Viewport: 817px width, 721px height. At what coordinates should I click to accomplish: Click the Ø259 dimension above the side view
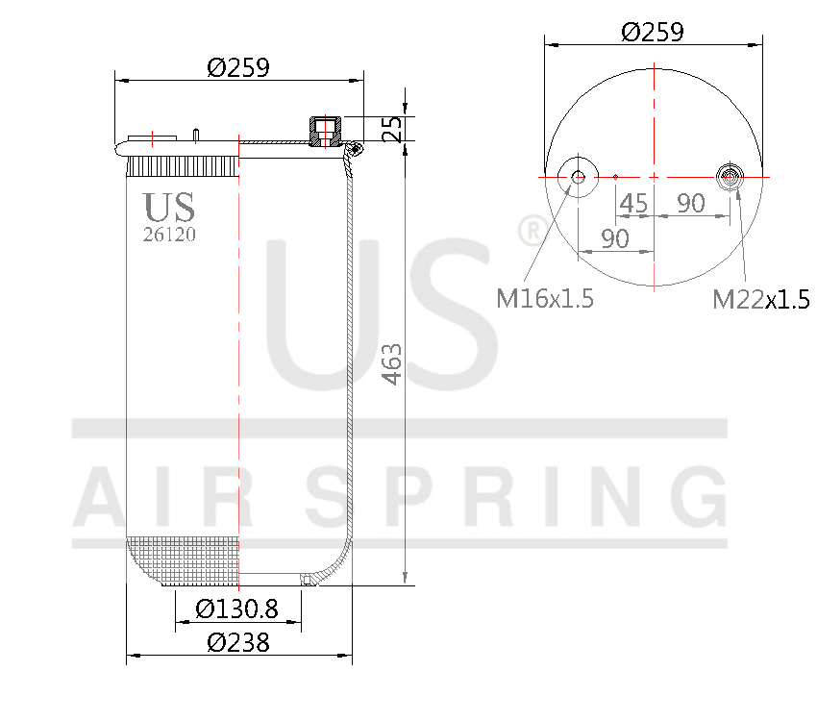point(238,67)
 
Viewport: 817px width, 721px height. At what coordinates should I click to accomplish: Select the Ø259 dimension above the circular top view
point(653,32)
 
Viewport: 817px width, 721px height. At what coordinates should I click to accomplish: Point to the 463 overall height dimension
point(392,363)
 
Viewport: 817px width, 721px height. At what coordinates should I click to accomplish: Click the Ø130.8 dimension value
point(236,609)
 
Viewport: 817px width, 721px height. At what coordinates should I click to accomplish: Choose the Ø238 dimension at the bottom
point(237,642)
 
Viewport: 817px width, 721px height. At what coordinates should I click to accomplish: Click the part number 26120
point(169,234)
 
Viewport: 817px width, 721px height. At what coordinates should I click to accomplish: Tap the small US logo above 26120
point(169,207)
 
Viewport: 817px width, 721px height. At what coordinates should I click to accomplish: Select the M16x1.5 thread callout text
point(545,299)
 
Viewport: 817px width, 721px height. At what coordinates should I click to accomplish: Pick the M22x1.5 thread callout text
point(760,300)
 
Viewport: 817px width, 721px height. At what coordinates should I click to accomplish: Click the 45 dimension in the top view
point(632,203)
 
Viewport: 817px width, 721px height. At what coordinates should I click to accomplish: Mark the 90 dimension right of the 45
point(691,203)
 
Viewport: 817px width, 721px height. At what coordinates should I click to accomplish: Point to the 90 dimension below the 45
point(615,238)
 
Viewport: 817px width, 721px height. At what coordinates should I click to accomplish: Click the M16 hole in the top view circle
point(578,176)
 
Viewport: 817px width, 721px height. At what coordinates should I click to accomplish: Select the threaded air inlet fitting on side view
point(324,130)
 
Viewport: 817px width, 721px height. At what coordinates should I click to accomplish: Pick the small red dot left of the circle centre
point(615,177)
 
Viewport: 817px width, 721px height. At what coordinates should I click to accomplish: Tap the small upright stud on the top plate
point(195,135)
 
